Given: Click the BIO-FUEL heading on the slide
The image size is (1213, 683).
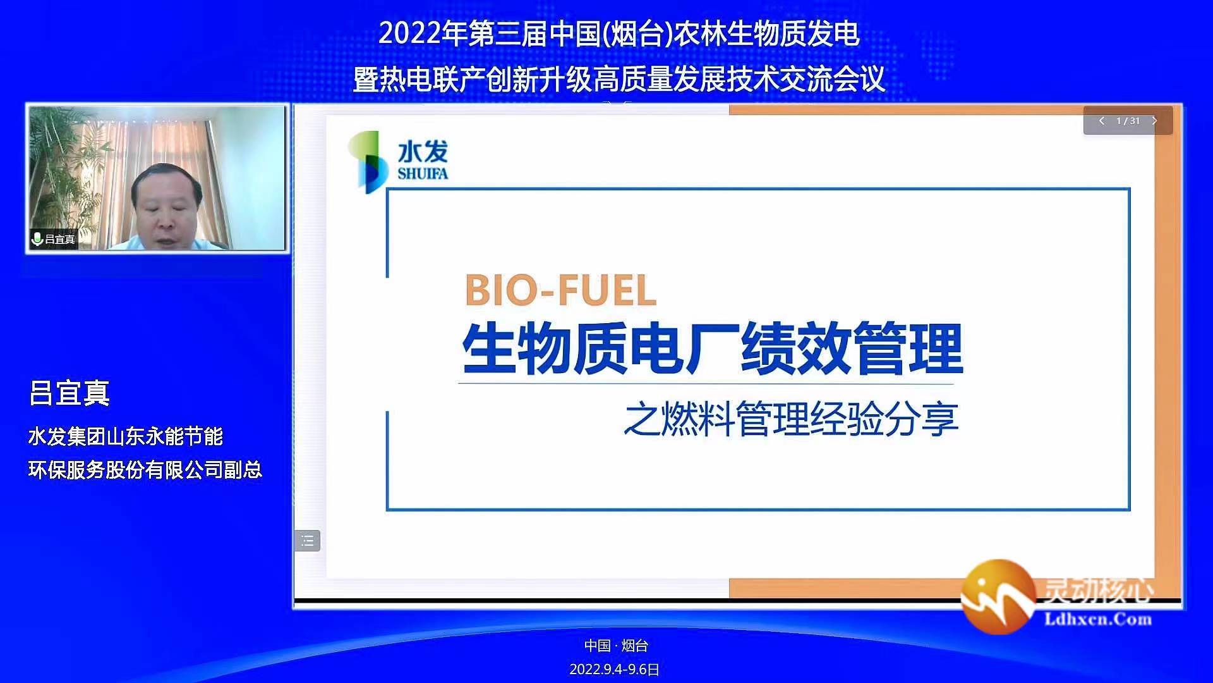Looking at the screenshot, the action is pyautogui.click(x=560, y=291).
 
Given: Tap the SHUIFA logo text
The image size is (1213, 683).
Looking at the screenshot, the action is pyautogui.click(x=423, y=173).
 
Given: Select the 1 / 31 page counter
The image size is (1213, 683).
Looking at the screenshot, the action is pyautogui.click(x=1128, y=121).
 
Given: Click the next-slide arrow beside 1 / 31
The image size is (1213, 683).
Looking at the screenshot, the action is pyautogui.click(x=1154, y=121).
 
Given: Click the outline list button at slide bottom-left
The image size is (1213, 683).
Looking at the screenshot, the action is pyautogui.click(x=308, y=541).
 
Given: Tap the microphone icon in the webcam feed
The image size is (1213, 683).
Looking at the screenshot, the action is pyautogui.click(x=37, y=238).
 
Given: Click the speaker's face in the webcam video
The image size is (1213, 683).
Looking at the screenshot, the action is pyautogui.click(x=166, y=202).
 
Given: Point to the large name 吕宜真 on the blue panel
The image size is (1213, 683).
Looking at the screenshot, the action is pyautogui.click(x=69, y=393).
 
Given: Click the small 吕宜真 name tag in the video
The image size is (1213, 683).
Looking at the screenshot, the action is pyautogui.click(x=60, y=239).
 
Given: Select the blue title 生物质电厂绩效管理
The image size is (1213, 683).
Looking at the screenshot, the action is pyautogui.click(x=713, y=348).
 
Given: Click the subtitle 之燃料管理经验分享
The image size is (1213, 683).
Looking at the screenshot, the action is pyautogui.click(x=791, y=419).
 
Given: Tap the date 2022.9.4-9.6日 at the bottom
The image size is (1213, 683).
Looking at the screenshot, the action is pyautogui.click(x=614, y=669).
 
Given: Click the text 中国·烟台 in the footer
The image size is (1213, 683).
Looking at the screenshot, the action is pyautogui.click(x=616, y=646).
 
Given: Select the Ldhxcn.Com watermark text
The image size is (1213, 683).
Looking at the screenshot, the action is pyautogui.click(x=1098, y=619).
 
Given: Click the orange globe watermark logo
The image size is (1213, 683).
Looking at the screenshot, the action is pyautogui.click(x=998, y=596).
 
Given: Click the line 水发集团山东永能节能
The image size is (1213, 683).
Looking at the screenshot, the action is pyautogui.click(x=126, y=436).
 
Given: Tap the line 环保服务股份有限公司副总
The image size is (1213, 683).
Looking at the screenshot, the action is pyautogui.click(x=145, y=470).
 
